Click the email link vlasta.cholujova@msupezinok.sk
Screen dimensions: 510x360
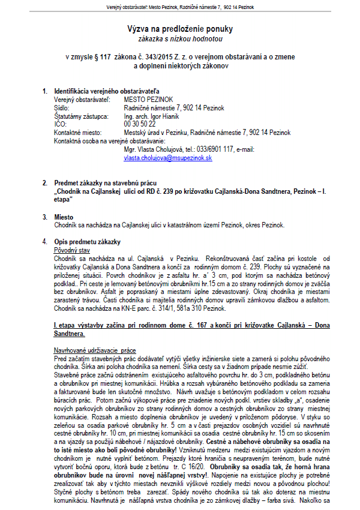[x=168, y=158]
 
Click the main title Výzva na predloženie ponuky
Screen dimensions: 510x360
[x=180, y=28]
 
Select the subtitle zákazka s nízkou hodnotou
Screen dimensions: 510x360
[x=180, y=38]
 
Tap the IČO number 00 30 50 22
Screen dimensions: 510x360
[x=139, y=124]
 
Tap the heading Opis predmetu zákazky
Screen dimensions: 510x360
[x=87, y=241]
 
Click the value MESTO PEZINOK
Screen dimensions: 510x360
[x=149, y=99]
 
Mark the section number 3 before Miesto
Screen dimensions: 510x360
[x=44, y=216]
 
